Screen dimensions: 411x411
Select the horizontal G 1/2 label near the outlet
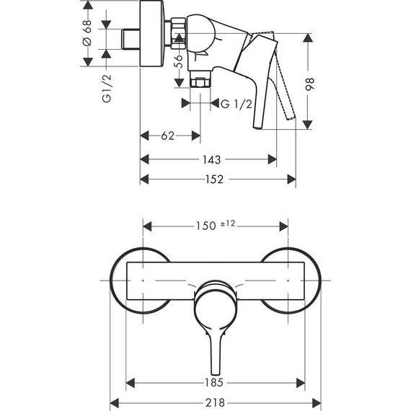point(237,104)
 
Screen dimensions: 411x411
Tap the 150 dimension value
point(206,226)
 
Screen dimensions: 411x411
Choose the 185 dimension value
point(215,383)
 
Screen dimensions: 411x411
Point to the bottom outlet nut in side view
point(200,81)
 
